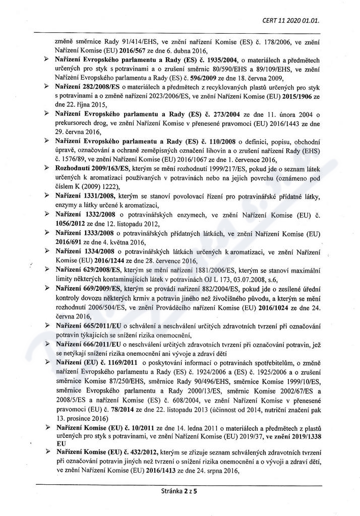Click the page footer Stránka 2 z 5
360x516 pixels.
click(x=179, y=490)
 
